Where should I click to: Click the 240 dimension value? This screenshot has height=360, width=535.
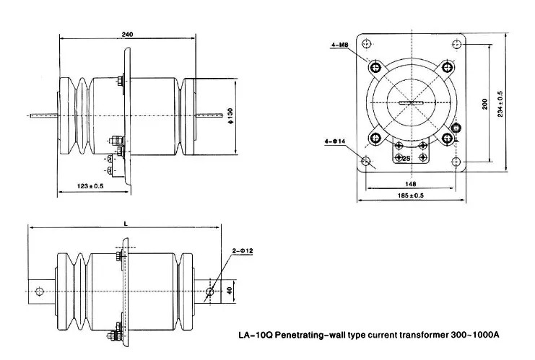click(x=127, y=35)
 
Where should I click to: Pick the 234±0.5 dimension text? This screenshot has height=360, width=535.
click(x=500, y=105)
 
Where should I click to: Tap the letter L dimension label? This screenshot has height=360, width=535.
click(x=126, y=224)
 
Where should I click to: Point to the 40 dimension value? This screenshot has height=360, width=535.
click(x=230, y=291)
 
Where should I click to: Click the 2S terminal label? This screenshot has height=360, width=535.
click(x=406, y=157)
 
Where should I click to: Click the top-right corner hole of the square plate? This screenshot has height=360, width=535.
click(x=456, y=45)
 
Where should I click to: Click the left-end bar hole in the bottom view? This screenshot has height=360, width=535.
click(x=40, y=291)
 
